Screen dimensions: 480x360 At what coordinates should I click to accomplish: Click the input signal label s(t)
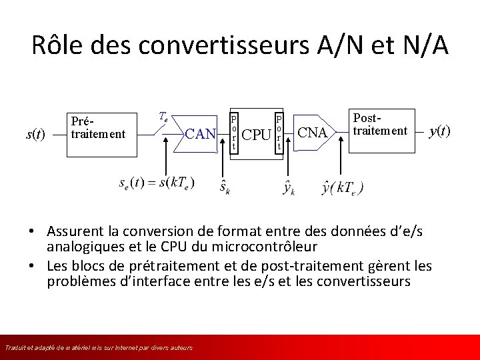(35, 134)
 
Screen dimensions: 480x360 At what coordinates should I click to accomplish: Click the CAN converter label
(200, 134)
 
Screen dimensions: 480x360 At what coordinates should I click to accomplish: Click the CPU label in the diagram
(256, 135)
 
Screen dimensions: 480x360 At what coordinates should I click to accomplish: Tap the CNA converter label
(312, 133)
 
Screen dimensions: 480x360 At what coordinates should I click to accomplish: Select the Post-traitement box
(379, 125)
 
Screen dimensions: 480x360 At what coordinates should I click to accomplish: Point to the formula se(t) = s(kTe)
(157, 183)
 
